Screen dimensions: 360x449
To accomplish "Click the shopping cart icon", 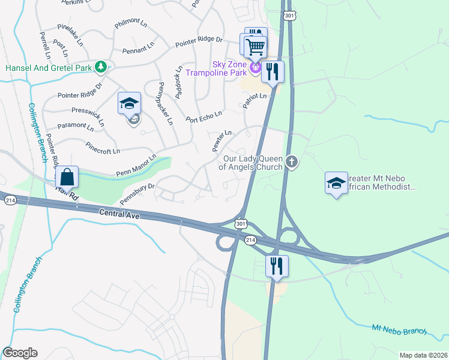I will [256, 46].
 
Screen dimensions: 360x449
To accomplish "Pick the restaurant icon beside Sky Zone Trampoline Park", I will [273, 73].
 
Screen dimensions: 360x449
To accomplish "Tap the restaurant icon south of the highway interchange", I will [277, 266].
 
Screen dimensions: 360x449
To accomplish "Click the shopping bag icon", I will [67, 178].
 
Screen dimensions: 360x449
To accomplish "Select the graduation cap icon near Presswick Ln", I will [130, 104].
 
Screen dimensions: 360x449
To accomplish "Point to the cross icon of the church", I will [292, 161].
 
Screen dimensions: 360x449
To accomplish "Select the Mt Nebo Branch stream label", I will [399, 329].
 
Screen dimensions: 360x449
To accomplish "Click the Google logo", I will [20, 353].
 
